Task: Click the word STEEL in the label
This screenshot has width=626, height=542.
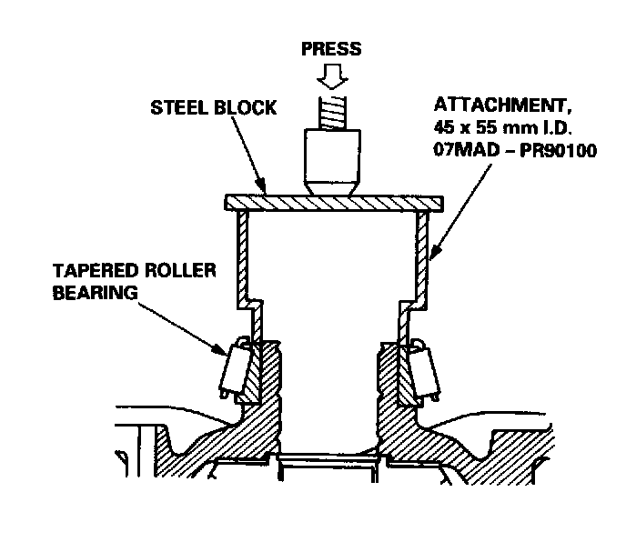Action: pyautogui.click(x=174, y=108)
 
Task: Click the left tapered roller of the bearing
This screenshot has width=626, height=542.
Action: pyautogui.click(x=233, y=372)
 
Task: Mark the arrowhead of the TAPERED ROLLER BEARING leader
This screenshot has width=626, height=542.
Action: pyautogui.click(x=223, y=350)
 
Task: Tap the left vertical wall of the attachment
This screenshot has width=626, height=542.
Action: pyautogui.click(x=240, y=259)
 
